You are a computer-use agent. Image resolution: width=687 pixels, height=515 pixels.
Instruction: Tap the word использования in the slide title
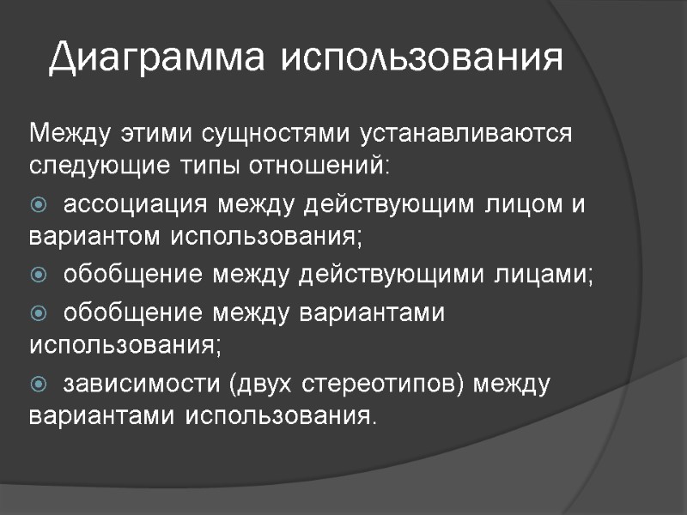[423, 58]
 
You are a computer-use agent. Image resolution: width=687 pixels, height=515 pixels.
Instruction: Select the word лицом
[504, 206]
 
